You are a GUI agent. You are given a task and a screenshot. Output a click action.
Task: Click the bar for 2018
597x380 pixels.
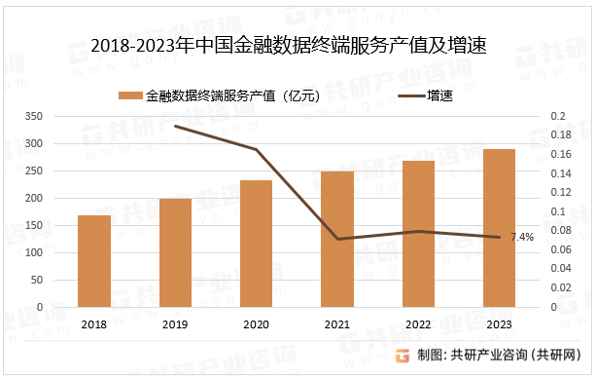tap(94, 261)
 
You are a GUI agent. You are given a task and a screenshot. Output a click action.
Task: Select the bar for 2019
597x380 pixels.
tap(175, 252)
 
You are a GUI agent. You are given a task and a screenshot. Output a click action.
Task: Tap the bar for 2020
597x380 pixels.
tap(257, 244)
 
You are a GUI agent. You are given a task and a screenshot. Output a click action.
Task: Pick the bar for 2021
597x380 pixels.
tap(337, 239)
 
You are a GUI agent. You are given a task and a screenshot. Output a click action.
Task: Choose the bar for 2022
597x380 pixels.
tap(419, 234)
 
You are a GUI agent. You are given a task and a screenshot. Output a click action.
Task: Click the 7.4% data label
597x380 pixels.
tap(521, 237)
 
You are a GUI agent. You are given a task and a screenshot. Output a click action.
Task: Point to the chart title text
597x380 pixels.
tap(288, 45)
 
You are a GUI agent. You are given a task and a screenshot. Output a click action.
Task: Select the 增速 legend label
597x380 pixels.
tap(441, 95)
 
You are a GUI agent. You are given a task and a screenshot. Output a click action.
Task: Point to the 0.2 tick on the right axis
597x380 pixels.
tap(557, 117)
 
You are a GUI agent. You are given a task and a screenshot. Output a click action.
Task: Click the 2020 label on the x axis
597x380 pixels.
tap(257, 324)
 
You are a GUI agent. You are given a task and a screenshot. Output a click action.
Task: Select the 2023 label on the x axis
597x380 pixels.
tap(500, 324)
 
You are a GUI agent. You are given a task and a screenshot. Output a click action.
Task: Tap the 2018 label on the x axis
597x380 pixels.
tap(94, 324)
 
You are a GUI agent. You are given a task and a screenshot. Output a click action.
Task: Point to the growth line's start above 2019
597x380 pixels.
tap(175, 126)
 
